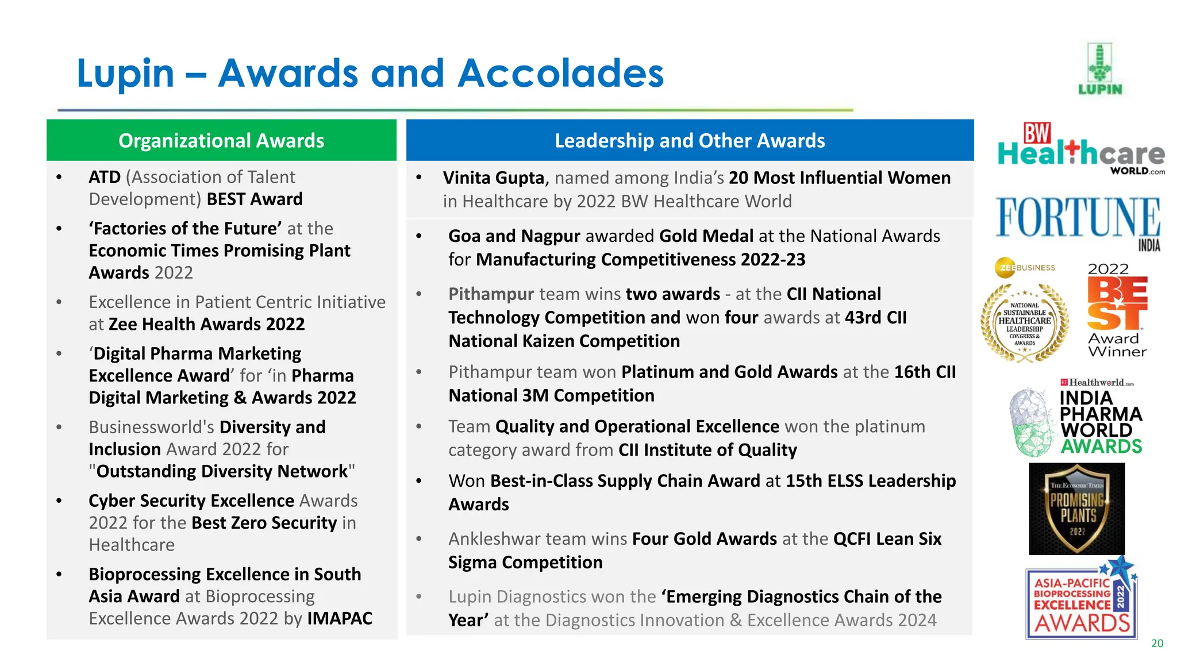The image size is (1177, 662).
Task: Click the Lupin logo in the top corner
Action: pyautogui.click(x=1099, y=69)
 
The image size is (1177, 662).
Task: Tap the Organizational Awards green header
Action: pyautogui.click(x=221, y=140)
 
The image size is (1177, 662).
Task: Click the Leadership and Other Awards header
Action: pyautogui.click(x=690, y=140)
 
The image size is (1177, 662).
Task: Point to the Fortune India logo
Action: pyautogui.click(x=1078, y=221)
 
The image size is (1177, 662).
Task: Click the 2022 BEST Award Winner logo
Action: pyautogui.click(x=1117, y=310)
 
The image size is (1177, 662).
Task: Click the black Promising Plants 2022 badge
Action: pyautogui.click(x=1076, y=509)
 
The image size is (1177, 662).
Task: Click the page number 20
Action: pyautogui.click(x=1157, y=644)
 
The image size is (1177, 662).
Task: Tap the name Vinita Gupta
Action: pyautogui.click(x=493, y=178)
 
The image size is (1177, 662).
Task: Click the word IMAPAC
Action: pyautogui.click(x=340, y=618)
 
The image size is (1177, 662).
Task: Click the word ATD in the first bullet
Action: pyautogui.click(x=105, y=177)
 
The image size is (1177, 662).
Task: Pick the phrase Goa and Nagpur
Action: pyautogui.click(x=514, y=236)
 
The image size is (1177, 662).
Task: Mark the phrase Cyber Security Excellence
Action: pyautogui.click(x=191, y=501)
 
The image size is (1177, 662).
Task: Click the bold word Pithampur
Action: pyautogui.click(x=491, y=294)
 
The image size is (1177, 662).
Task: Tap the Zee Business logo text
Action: pyautogui.click(x=1026, y=268)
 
